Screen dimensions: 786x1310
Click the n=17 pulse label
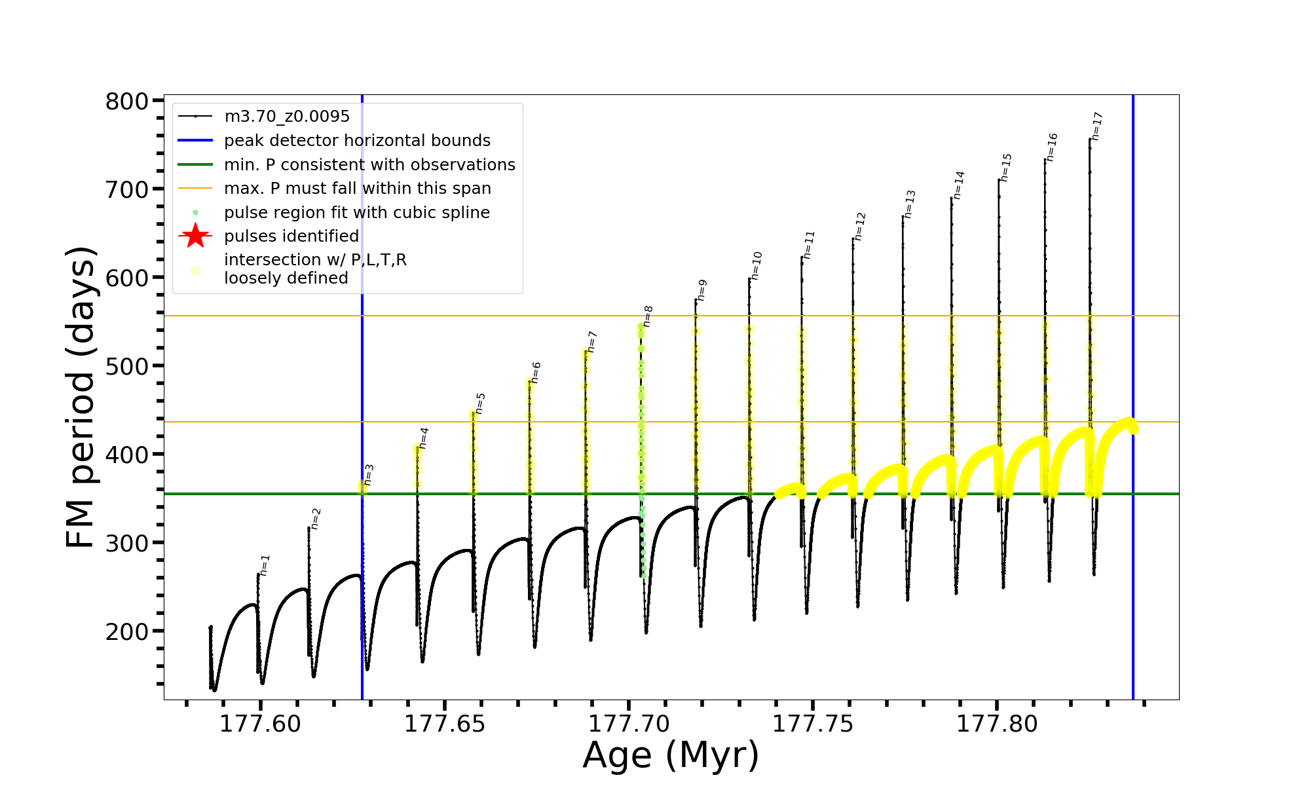[x=1098, y=126]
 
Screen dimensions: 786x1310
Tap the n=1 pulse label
[x=265, y=565]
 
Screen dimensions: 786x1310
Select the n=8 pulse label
[x=648, y=316]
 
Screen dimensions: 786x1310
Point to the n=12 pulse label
[x=860, y=226]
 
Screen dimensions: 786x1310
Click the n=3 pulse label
[x=369, y=475]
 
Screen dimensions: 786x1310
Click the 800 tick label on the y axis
[x=127, y=102]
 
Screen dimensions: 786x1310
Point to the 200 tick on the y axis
[x=127, y=631]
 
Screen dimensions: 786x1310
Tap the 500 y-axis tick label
[x=127, y=366]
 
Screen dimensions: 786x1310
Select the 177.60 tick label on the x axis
[x=260, y=724]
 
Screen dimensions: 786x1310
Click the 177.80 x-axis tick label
[x=997, y=724]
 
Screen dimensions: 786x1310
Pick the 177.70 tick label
[x=629, y=724]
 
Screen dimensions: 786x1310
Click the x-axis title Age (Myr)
[x=671, y=755]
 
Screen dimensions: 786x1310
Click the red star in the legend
[x=195, y=236]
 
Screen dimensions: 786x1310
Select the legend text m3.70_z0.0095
[x=287, y=117]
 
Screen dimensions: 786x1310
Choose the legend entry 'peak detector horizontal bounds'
[x=357, y=141]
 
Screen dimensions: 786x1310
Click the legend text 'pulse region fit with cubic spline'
[x=357, y=213]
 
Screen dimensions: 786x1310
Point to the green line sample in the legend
[x=195, y=164]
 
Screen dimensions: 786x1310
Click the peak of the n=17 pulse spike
[x=1090, y=139]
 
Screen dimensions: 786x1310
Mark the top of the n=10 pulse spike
[x=749, y=278]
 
